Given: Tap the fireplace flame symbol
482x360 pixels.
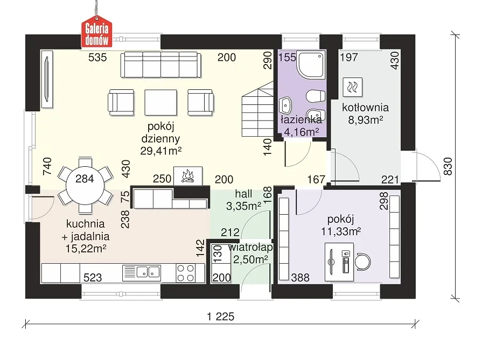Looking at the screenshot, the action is pos(188,177).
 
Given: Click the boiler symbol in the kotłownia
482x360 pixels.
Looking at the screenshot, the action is pos(352,87).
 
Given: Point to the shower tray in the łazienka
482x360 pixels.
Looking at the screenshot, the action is pos(311,65).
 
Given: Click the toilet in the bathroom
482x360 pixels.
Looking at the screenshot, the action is pos(316,96).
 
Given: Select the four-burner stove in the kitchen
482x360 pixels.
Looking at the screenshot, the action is pos(186,273).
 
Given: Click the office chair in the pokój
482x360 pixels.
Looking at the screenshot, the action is pos(363,262).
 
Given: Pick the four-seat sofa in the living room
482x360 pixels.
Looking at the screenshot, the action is pos(161,65).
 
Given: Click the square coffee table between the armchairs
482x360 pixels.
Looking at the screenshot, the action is pos(161,102).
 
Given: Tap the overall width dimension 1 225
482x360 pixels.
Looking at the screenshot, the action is pos(221,316).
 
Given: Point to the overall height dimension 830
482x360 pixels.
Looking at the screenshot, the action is pos(449,166).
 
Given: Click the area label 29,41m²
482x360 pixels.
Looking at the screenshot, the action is pos(161,151).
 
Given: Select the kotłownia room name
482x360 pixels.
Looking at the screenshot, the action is pos(366,108).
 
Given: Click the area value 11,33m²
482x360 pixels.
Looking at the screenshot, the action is pos(341,231).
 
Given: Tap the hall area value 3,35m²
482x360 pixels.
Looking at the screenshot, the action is pos(244,206).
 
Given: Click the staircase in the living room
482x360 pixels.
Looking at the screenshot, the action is pos(257,109).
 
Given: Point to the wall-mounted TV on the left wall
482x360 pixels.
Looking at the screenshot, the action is pos(47,79).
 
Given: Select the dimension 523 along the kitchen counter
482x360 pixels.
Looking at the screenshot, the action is pos(93,278).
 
